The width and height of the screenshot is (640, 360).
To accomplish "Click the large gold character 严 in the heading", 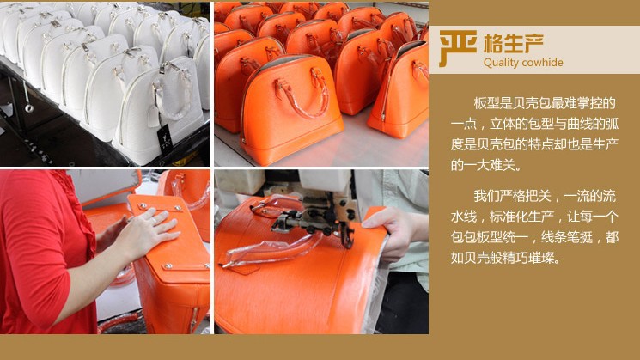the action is pos(458,48).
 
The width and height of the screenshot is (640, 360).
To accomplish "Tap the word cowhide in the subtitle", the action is pos(542,62).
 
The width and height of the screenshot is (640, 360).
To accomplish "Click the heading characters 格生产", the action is pos(514,43).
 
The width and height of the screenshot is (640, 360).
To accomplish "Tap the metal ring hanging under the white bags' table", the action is pos(28,107).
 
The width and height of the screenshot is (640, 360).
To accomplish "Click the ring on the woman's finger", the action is pos(154,221).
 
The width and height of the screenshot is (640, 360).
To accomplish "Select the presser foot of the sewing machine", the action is pos(347,238).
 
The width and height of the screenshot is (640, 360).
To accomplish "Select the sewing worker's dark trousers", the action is pos(402,302).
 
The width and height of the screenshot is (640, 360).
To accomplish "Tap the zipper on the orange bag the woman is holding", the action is pos(193,320).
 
